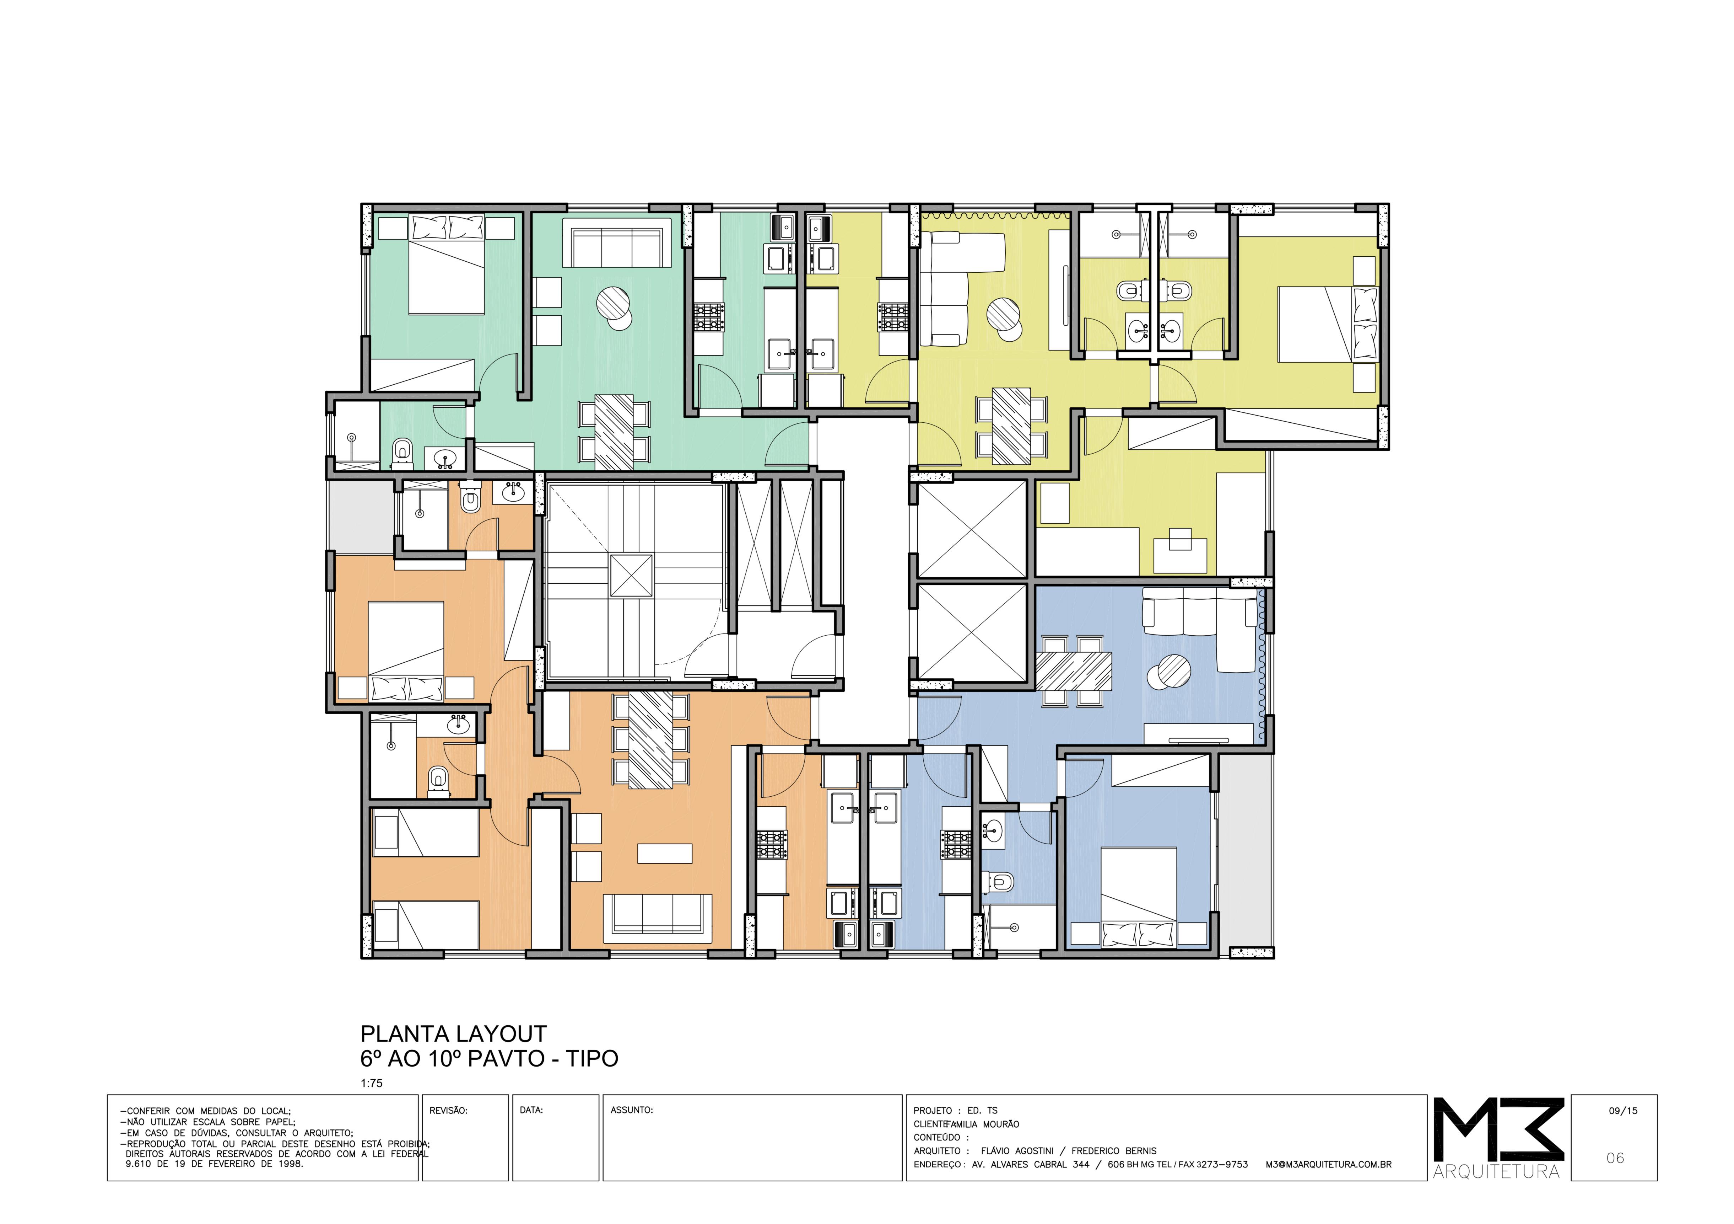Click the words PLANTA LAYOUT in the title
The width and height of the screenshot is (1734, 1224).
(x=453, y=1033)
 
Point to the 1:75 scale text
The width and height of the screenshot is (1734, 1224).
(x=372, y=1083)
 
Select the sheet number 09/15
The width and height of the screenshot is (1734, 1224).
(x=1623, y=1111)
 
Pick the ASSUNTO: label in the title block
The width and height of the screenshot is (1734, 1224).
(x=631, y=1110)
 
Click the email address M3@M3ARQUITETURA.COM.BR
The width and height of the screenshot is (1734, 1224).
(x=1328, y=1164)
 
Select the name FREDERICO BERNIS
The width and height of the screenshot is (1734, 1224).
(x=1114, y=1151)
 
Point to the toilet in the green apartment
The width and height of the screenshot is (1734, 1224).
(x=403, y=452)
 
